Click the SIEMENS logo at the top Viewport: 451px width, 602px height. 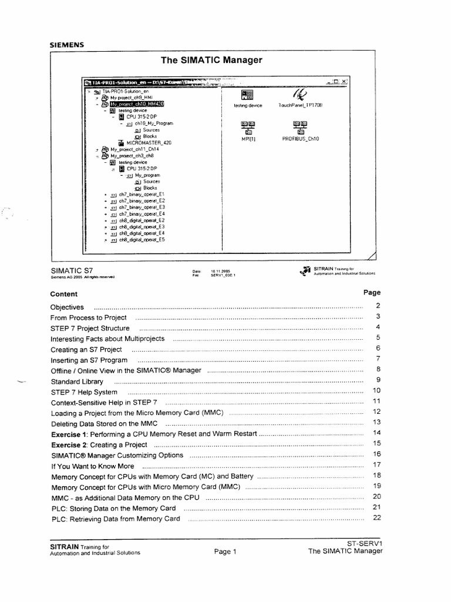[66, 44]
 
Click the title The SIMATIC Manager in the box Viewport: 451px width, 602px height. [211, 60]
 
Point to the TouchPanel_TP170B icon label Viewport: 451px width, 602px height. [301, 105]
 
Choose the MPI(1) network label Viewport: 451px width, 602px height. [248, 139]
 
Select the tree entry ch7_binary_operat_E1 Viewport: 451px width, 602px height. [141, 193]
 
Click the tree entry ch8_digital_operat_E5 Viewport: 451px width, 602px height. [142, 240]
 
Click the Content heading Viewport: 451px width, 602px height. [63, 293]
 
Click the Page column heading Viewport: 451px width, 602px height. [372, 292]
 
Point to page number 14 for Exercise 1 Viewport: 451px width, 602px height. [377, 433]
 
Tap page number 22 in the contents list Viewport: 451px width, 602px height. [377, 518]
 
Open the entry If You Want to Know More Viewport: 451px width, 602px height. [92, 466]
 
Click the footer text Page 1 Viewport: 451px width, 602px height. [224, 552]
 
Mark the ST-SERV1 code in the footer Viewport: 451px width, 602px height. [364, 544]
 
